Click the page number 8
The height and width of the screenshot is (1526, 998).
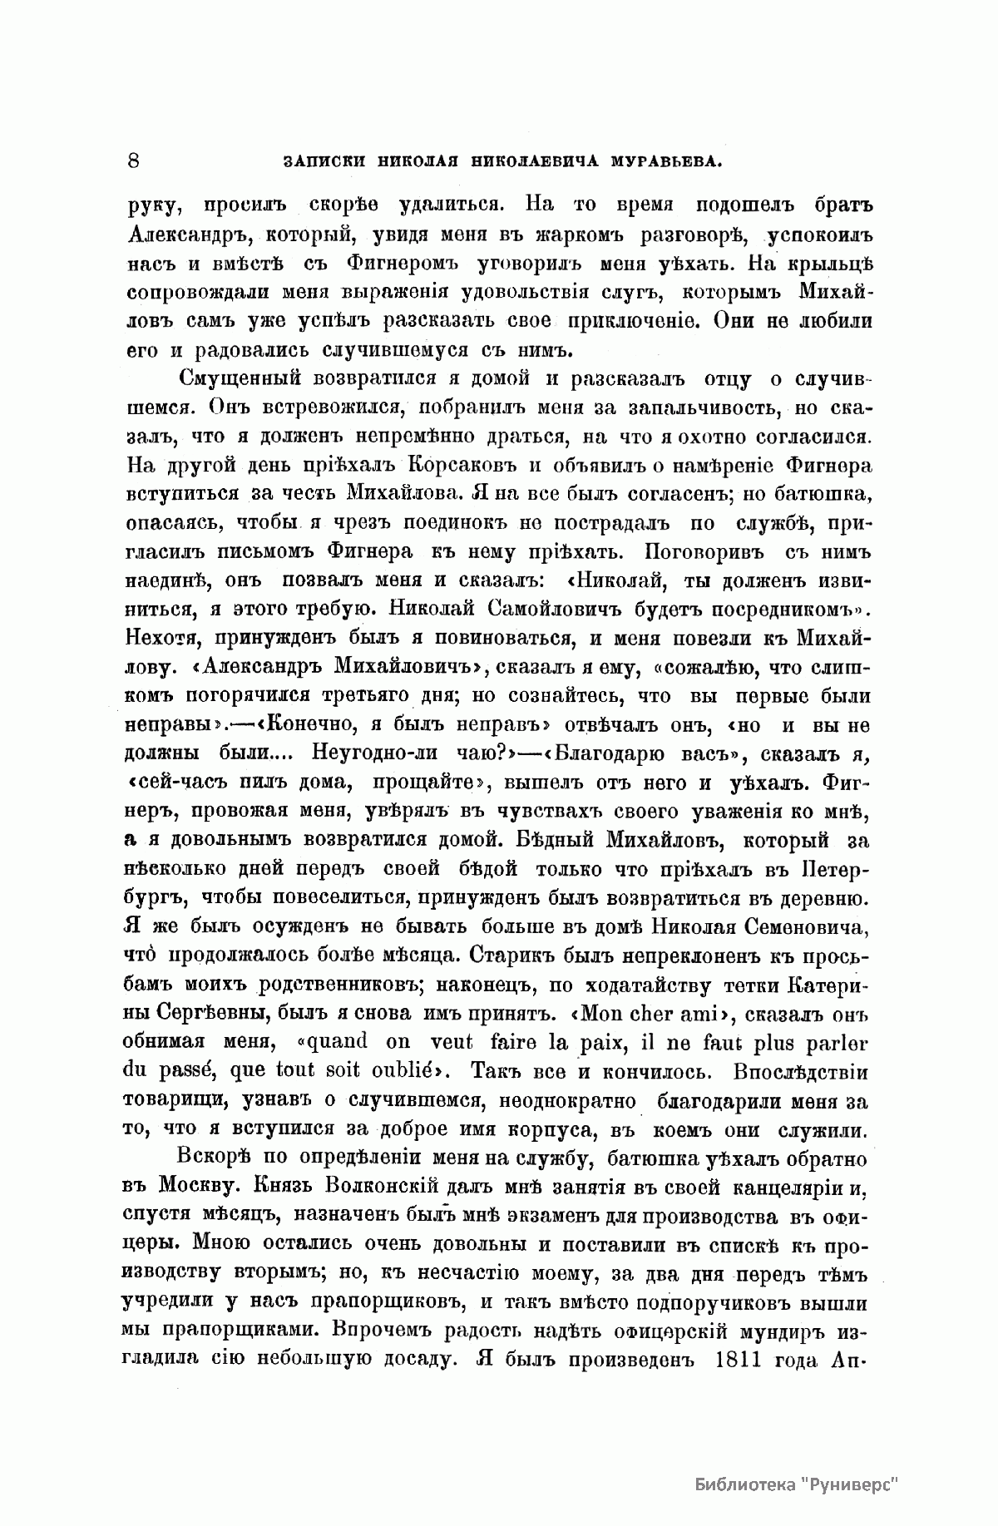click(x=134, y=161)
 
